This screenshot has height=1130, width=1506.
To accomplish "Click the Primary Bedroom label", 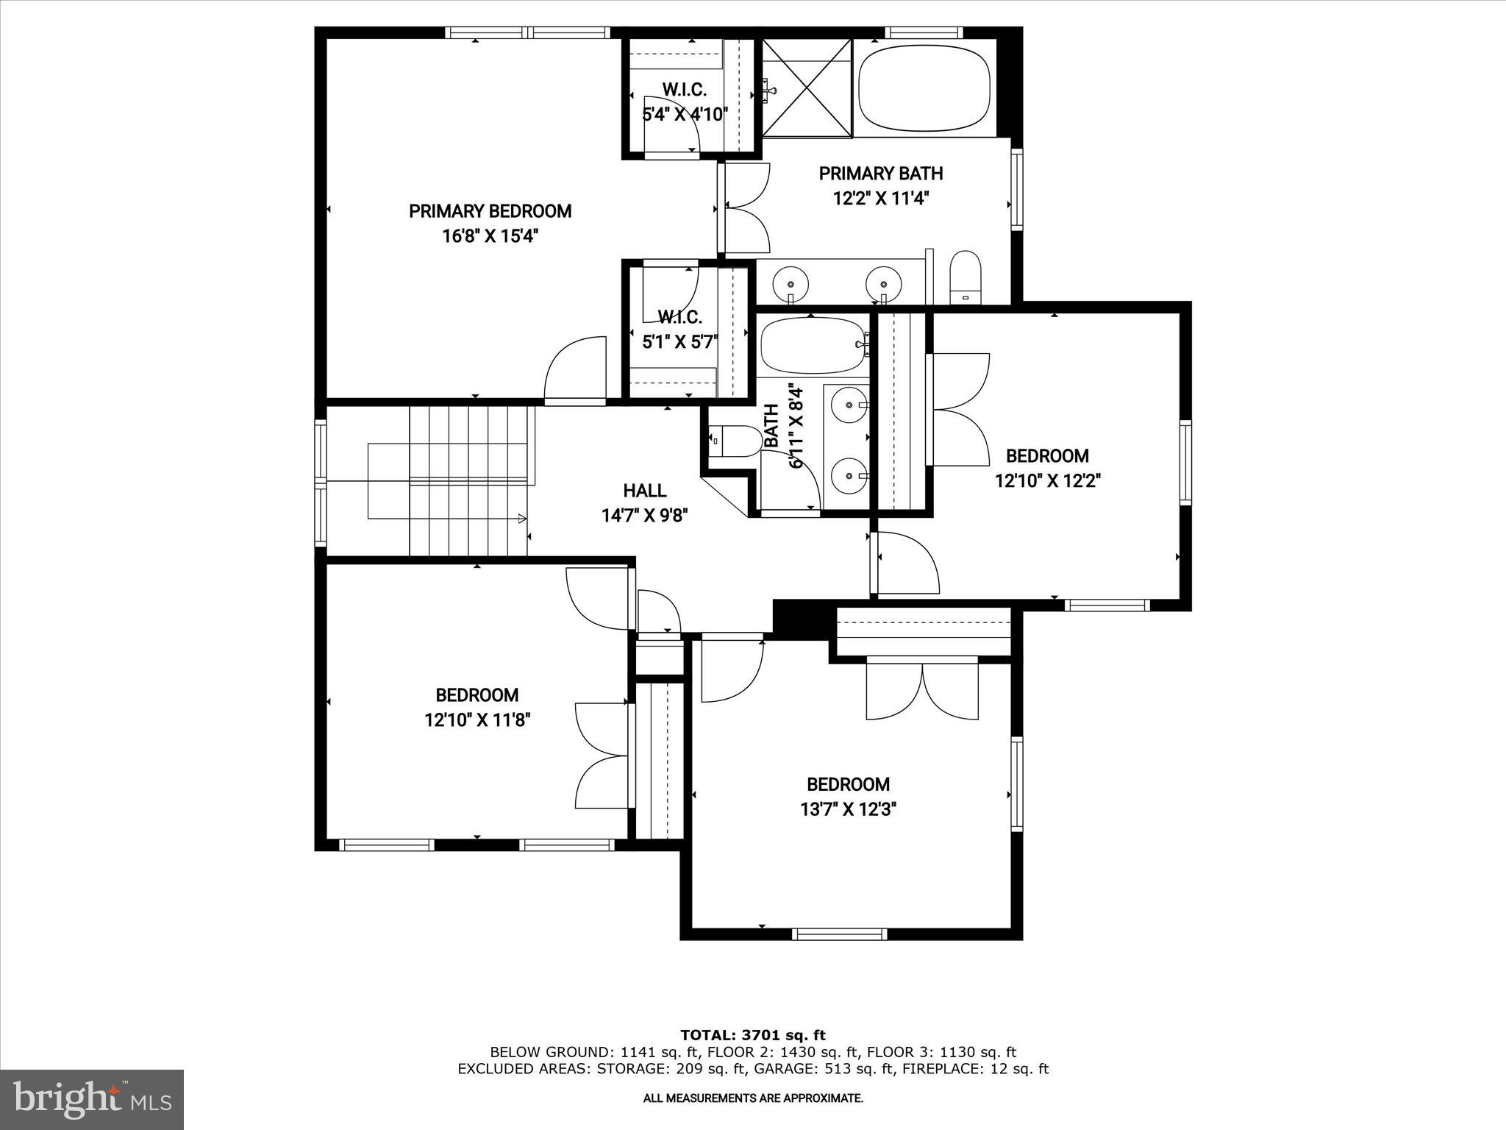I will (x=490, y=211).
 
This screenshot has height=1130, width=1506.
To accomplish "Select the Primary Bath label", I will (x=880, y=174).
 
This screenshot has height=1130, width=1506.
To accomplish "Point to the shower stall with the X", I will (x=807, y=88).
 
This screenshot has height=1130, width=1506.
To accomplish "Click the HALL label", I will (x=644, y=491).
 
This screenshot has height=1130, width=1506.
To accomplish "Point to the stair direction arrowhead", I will (x=522, y=519).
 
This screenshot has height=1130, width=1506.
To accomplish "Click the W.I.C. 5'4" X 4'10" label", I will (x=685, y=102).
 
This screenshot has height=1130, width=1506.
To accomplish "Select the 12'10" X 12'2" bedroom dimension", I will (x=1047, y=481).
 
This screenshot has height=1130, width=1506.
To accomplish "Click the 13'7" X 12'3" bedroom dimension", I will (x=848, y=810).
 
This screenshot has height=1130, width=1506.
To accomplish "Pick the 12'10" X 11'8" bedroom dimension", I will (x=477, y=719).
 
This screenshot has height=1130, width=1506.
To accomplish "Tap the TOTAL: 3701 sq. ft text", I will (x=753, y=1035).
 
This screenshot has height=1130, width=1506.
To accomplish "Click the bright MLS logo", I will (x=92, y=1099).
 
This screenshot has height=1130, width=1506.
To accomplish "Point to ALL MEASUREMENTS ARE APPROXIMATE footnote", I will (x=753, y=1098).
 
